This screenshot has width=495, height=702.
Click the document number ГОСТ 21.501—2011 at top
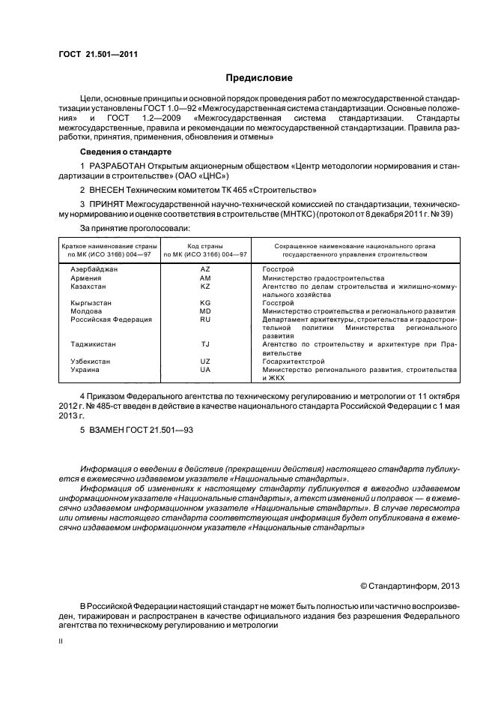98,54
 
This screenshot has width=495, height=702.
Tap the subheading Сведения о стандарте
122,151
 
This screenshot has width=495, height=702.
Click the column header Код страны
205,245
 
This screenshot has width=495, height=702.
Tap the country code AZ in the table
205,268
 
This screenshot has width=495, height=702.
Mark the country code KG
205,303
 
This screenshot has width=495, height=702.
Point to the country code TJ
205,344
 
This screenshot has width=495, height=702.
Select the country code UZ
205,361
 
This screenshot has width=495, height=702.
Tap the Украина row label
84,370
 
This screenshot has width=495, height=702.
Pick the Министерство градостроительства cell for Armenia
323,277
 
